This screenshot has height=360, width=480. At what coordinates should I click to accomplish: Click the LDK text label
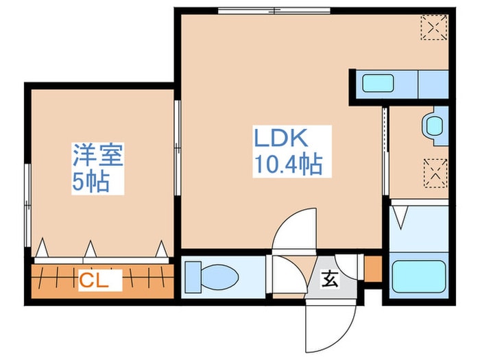coord(283,139)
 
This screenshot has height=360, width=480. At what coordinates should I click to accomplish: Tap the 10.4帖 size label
coord(288,165)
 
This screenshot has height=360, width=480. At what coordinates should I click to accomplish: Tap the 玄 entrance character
coord(330,279)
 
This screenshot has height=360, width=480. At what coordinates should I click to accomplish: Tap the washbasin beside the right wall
coord(434,125)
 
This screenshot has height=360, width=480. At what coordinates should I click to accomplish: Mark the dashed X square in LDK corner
coord(434,27)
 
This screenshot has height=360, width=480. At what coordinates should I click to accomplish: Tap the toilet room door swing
coord(283,274)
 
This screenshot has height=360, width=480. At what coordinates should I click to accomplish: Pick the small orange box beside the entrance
coord(373,269)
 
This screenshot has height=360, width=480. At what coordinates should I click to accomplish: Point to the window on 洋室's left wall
coord(27,206)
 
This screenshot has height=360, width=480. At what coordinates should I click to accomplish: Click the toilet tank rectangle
coord(191,277)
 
